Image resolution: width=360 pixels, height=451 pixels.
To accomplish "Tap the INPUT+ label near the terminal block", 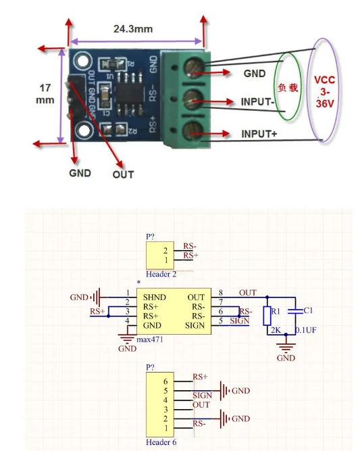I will click(259, 134).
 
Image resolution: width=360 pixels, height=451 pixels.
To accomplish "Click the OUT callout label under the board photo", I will click(123, 174).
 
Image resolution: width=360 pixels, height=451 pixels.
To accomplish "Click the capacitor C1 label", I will click(307, 310).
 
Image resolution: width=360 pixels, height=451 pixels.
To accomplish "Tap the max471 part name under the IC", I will click(152, 339).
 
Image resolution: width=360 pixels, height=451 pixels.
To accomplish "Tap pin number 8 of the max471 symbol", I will click(221, 292).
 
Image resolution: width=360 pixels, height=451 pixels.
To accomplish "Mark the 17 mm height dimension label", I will click(45, 93).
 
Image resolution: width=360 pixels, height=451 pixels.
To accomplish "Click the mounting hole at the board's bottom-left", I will click(84, 128).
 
